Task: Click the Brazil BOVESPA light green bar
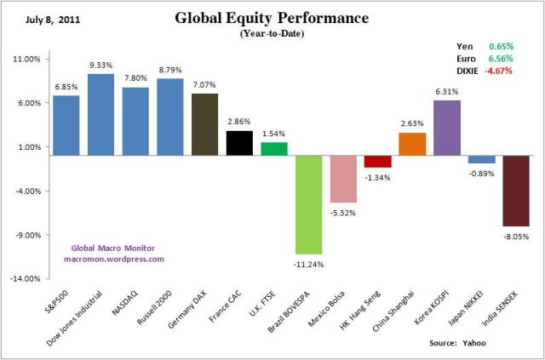(309, 204)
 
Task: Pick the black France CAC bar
(239, 143)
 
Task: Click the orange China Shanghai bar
(412, 144)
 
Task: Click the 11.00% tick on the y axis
(27, 59)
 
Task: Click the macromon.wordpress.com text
(114, 259)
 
